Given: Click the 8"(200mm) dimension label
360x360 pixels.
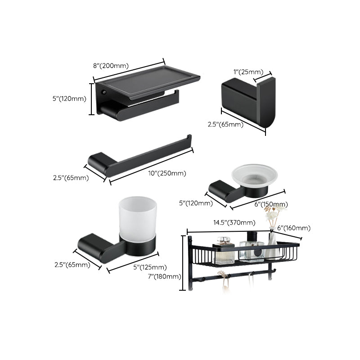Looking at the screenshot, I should tap(111, 66).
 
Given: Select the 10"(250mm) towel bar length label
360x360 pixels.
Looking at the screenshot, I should tap(167, 173).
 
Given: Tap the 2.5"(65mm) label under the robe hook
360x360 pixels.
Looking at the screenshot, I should tap(225, 125).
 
